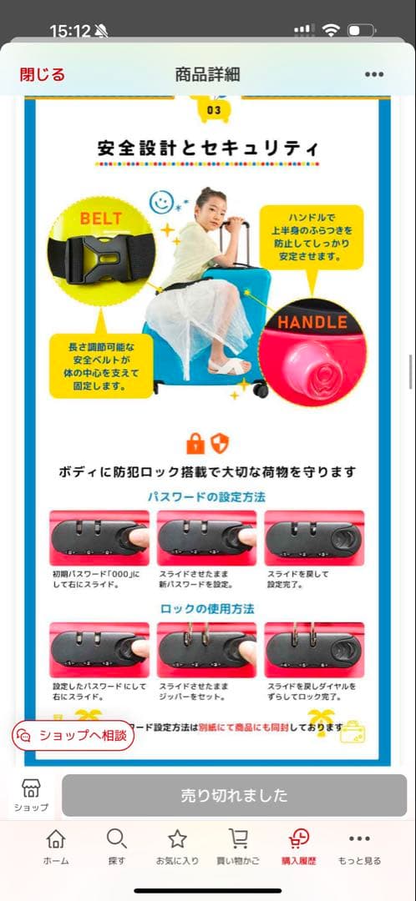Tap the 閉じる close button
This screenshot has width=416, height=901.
pyautogui.click(x=42, y=74)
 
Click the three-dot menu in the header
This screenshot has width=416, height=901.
pyautogui.click(x=374, y=74)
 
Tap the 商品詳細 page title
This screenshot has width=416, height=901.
pyautogui.click(x=207, y=74)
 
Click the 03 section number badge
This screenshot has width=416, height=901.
pyautogui.click(x=214, y=109)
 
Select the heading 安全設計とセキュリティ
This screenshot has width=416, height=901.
pyautogui.click(x=208, y=149)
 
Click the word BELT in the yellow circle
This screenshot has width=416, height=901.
pyautogui.click(x=100, y=219)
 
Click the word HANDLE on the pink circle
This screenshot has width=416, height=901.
pyautogui.click(x=312, y=323)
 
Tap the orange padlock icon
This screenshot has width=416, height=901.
pyautogui.click(x=195, y=443)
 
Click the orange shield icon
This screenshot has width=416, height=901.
pyautogui.click(x=220, y=443)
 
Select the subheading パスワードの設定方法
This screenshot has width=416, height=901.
pyautogui.click(x=207, y=496)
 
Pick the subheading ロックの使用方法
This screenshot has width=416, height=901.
pyautogui.click(x=207, y=608)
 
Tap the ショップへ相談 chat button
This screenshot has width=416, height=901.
pyautogui.click(x=74, y=735)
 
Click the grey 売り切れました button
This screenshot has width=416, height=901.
pyautogui.click(x=234, y=795)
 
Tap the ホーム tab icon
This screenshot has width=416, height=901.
pyautogui.click(x=56, y=839)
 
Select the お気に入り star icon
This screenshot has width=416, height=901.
pyautogui.click(x=177, y=839)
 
